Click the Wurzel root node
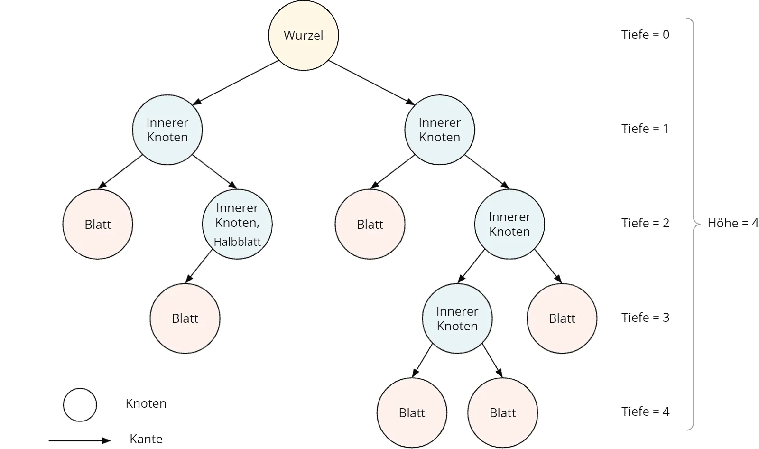coord(303,35)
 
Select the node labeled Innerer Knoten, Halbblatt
coord(237,224)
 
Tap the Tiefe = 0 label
coord(645,35)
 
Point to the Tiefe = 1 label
coord(645,129)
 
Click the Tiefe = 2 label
coord(645,223)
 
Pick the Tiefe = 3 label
coord(645,318)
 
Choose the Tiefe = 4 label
coord(645,412)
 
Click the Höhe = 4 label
coord(733,223)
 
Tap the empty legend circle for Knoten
coord(80,404)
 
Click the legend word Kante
coord(146,439)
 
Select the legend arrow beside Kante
coord(80,440)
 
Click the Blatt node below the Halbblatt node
coord(185,318)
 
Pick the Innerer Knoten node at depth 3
coord(457,318)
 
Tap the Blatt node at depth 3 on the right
coord(562,318)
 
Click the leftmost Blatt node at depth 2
coord(98,224)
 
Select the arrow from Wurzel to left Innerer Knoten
coord(235,83)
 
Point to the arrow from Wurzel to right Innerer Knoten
coord(372,83)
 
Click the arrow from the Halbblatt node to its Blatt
coord(199,266)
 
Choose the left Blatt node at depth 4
coord(412,412)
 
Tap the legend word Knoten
coord(146,403)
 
